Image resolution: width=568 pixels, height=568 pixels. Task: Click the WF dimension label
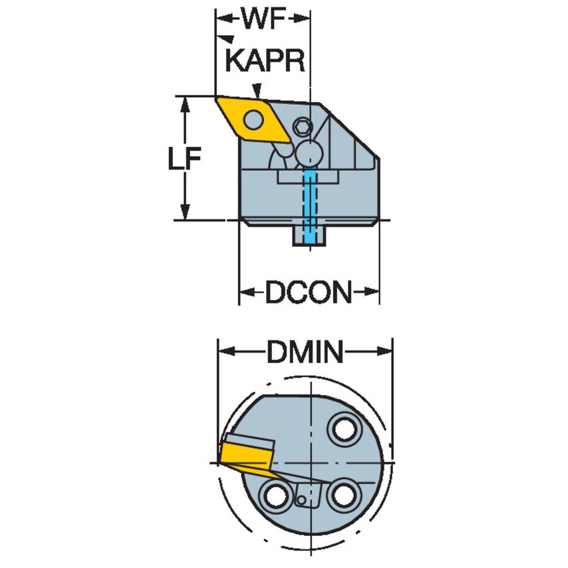pyautogui.click(x=262, y=20)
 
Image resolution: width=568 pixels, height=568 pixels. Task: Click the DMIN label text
pyautogui.click(x=305, y=353)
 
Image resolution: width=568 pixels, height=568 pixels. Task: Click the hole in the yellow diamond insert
pyautogui.click(x=252, y=120)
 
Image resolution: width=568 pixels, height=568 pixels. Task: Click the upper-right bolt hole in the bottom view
pyautogui.click(x=345, y=429)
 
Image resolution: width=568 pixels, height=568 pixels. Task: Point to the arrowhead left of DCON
pyautogui.click(x=245, y=291)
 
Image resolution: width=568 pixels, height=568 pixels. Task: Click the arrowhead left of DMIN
pyautogui.click(x=225, y=351)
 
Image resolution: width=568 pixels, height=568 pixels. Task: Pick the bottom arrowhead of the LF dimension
pyautogui.click(x=187, y=213)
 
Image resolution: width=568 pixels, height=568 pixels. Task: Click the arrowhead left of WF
pyautogui.click(x=221, y=17)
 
